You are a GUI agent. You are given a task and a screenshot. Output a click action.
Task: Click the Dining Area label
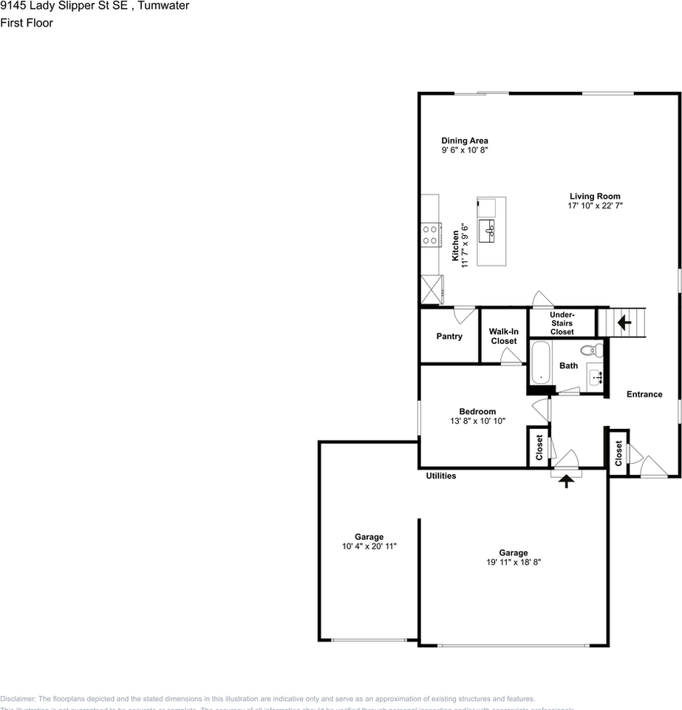pyautogui.click(x=464, y=141)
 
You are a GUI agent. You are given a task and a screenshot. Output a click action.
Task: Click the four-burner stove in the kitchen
pyautogui.click(x=429, y=235)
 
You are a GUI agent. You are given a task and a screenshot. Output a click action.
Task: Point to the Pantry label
pyautogui.click(x=449, y=337)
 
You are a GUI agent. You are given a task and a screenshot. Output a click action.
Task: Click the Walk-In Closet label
pyautogui.click(x=503, y=337)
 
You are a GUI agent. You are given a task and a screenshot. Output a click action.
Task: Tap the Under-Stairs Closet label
pyautogui.click(x=562, y=323)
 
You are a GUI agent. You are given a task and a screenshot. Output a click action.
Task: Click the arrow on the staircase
pyautogui.click(x=623, y=322)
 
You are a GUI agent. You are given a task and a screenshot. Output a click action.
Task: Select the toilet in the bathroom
pyautogui.click(x=591, y=350)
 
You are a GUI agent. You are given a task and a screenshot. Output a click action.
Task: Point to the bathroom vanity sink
pyautogui.click(x=597, y=376)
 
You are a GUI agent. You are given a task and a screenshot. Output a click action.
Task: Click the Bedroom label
pyautogui.click(x=477, y=411)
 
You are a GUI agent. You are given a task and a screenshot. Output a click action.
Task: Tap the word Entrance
pyautogui.click(x=644, y=394)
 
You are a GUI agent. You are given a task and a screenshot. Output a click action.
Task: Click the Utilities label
pyautogui.click(x=440, y=476)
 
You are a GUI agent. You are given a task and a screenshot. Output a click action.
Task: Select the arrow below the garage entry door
pyautogui.click(x=567, y=481)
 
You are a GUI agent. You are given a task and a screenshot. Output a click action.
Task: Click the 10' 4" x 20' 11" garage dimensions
pyautogui.click(x=369, y=547)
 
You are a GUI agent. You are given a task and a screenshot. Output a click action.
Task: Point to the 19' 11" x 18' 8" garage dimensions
pyautogui.click(x=514, y=562)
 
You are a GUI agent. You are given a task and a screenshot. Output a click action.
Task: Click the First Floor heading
pyautogui.click(x=27, y=23)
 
